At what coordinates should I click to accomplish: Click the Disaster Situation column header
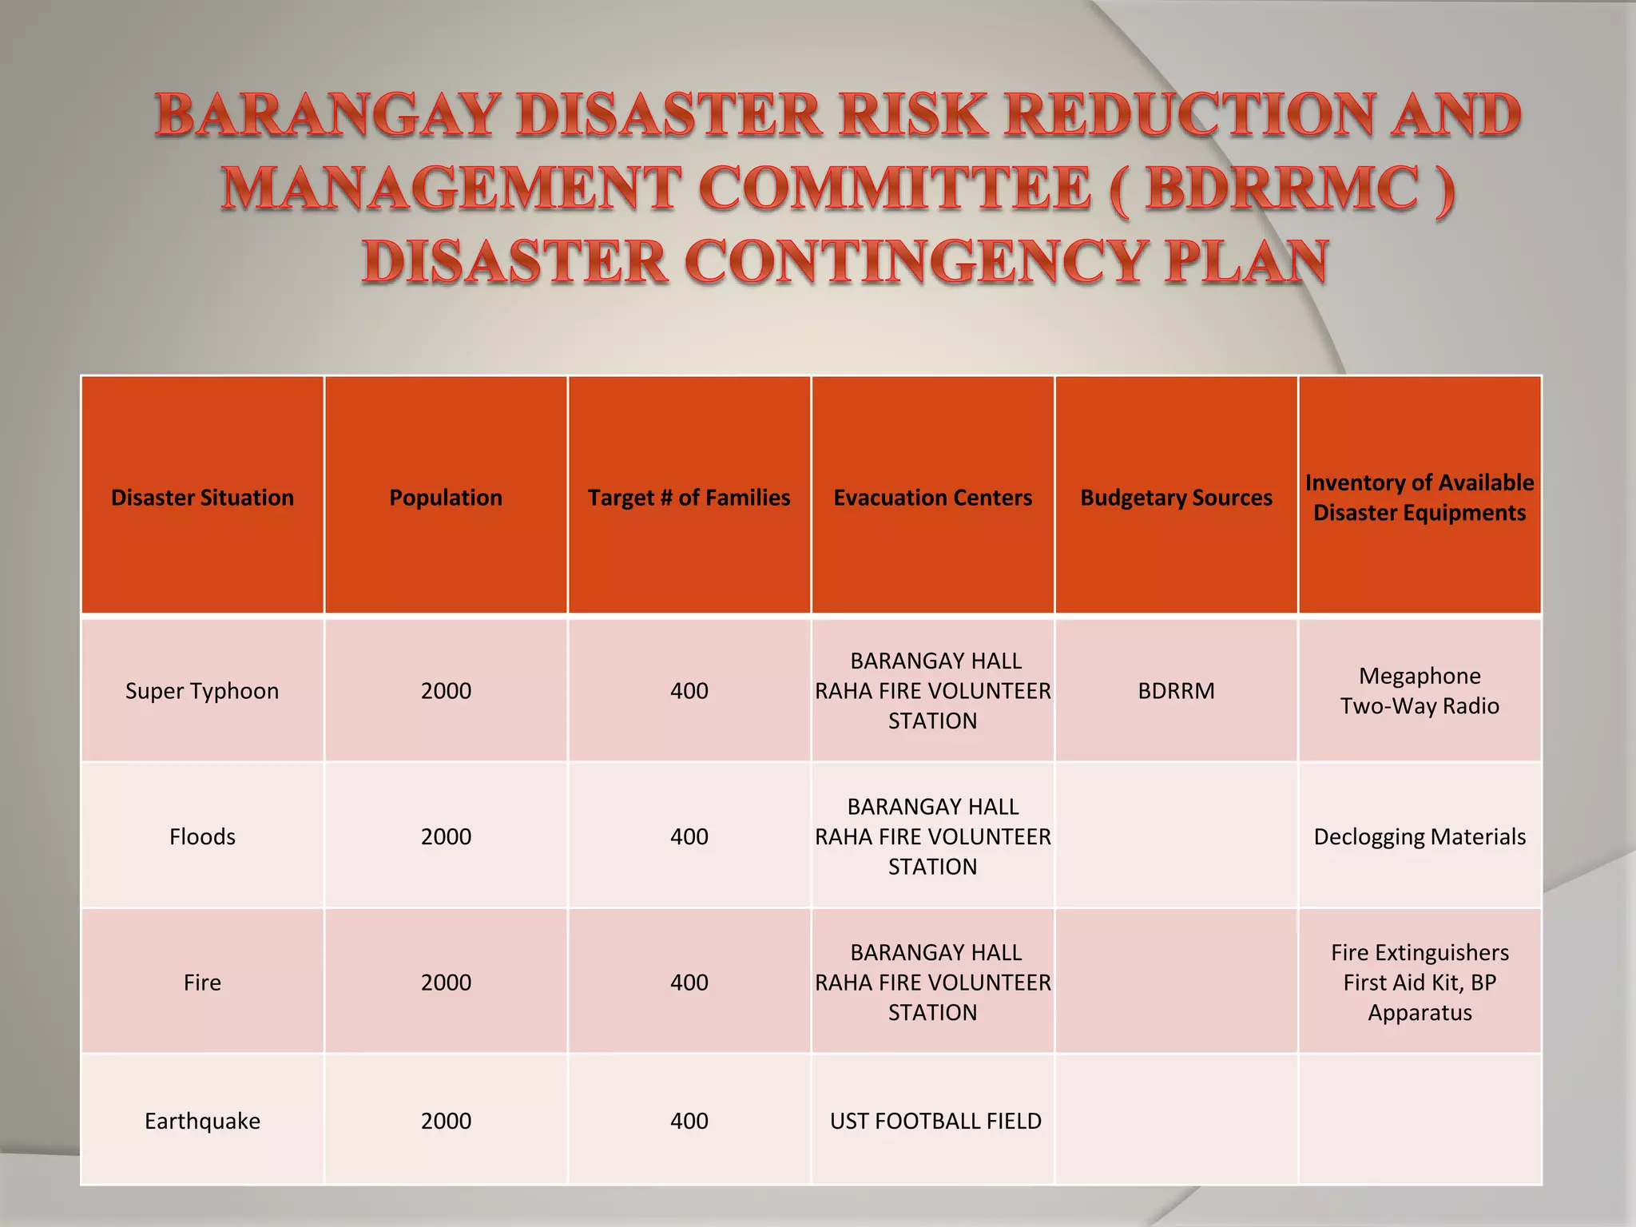(202, 498)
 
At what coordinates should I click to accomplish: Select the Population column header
(446, 498)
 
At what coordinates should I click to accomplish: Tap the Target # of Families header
(689, 498)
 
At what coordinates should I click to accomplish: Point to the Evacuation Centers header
(932, 498)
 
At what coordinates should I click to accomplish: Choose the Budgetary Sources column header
(1176, 498)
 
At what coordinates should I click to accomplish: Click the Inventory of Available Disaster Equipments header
(1420, 498)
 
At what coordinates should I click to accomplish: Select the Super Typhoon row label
(202, 691)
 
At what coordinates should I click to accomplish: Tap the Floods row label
(202, 836)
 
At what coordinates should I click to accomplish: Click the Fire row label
(202, 983)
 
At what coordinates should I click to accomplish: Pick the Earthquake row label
(202, 1121)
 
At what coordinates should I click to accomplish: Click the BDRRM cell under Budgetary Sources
(1176, 691)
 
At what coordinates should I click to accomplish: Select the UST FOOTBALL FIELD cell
(935, 1121)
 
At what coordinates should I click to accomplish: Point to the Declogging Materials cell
(1420, 836)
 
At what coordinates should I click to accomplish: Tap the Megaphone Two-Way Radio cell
(1420, 691)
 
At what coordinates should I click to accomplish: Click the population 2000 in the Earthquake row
(446, 1121)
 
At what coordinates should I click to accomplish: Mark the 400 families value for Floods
(689, 836)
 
